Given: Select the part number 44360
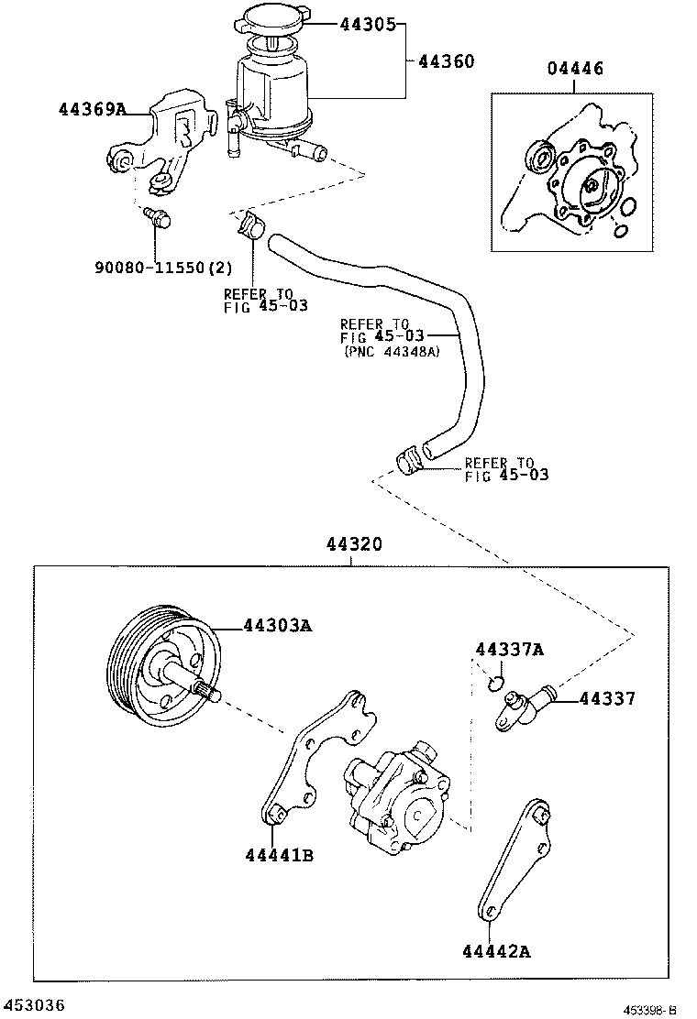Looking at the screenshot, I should [446, 61].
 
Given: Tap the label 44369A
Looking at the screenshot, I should [92, 109].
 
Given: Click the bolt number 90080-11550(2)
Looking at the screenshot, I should [163, 268].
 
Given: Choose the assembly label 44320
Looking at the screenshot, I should [352, 544].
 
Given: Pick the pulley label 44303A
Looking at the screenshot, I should [278, 626].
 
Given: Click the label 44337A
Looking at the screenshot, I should [509, 650].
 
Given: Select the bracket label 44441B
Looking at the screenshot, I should [280, 855].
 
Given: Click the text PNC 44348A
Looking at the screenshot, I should [392, 351].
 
